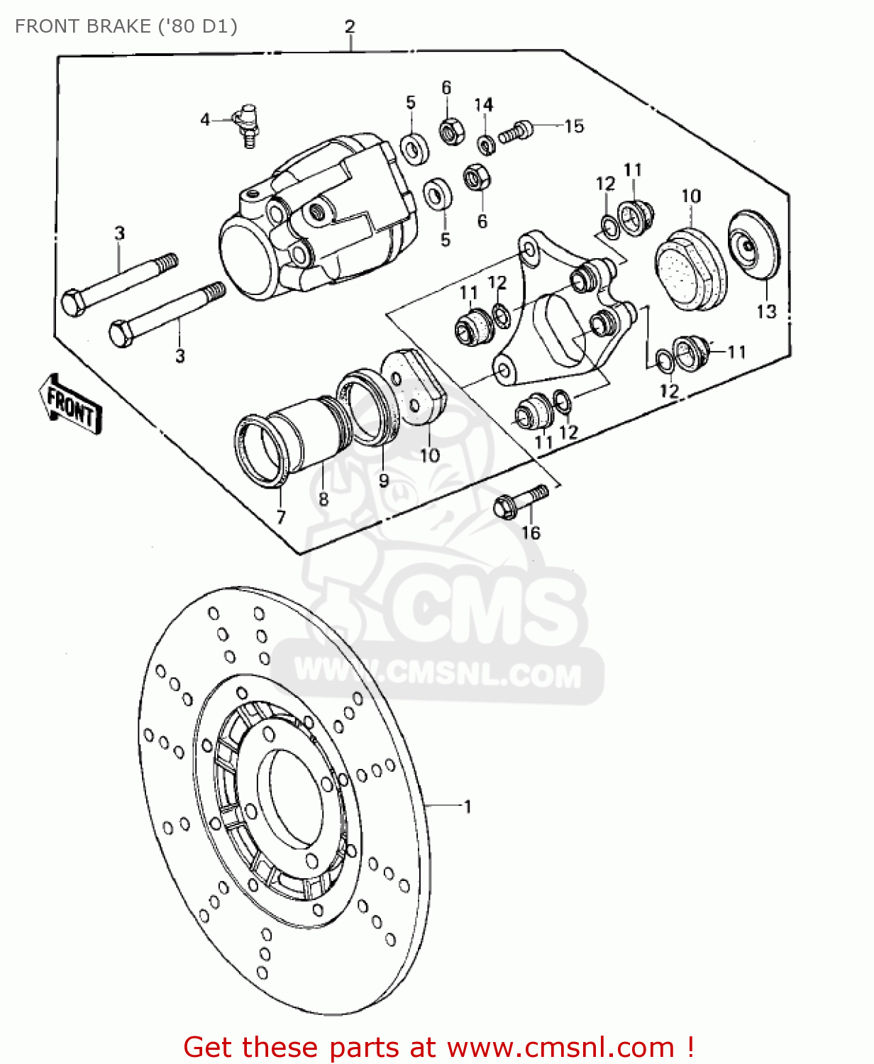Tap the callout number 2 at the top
coord(350,27)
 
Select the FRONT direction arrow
coord(70,404)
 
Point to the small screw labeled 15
coord(515,132)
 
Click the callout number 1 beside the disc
coord(468,807)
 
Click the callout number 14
coord(484,105)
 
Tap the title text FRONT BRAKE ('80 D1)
coord(126,26)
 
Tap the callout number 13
coord(766,311)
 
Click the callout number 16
coord(531,533)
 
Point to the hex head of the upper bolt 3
coord(73,301)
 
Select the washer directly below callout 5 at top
coord(415,148)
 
